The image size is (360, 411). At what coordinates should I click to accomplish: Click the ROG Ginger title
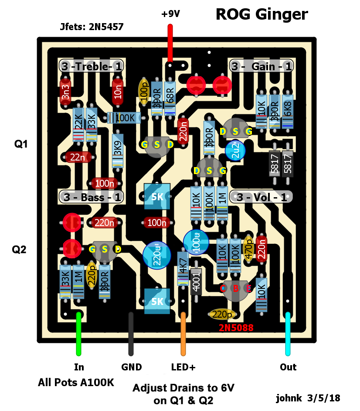pos(262,14)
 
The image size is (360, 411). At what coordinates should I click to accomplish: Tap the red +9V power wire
pos(170,43)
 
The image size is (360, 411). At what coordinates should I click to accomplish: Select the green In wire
pos(78,334)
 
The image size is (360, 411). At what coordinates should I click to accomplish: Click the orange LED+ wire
pos(183,334)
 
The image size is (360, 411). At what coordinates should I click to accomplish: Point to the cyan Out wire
pos(288,334)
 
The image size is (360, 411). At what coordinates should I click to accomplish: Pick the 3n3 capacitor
pos(65,92)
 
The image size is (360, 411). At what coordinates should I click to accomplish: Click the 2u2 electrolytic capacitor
pos(235,151)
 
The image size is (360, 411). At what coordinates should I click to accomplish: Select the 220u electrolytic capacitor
pos(157,255)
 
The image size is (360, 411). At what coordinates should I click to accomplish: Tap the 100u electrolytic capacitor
pos(196,242)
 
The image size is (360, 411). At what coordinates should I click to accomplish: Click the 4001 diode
pos(196,282)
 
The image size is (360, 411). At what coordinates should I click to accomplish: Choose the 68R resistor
pos(170,98)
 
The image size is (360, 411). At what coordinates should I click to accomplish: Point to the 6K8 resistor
pos(288,111)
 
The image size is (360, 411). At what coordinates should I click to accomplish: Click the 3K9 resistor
pos(118,151)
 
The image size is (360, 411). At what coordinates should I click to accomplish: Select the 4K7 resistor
pos(183,269)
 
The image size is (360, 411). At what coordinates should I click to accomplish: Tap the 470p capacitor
pos(248,249)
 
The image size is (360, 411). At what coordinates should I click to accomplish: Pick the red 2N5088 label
pos(236,328)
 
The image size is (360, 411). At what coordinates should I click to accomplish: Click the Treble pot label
pos(91,66)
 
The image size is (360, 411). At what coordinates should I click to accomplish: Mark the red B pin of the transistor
pos(236,288)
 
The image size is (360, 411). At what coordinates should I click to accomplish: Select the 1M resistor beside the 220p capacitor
pos(78,282)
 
